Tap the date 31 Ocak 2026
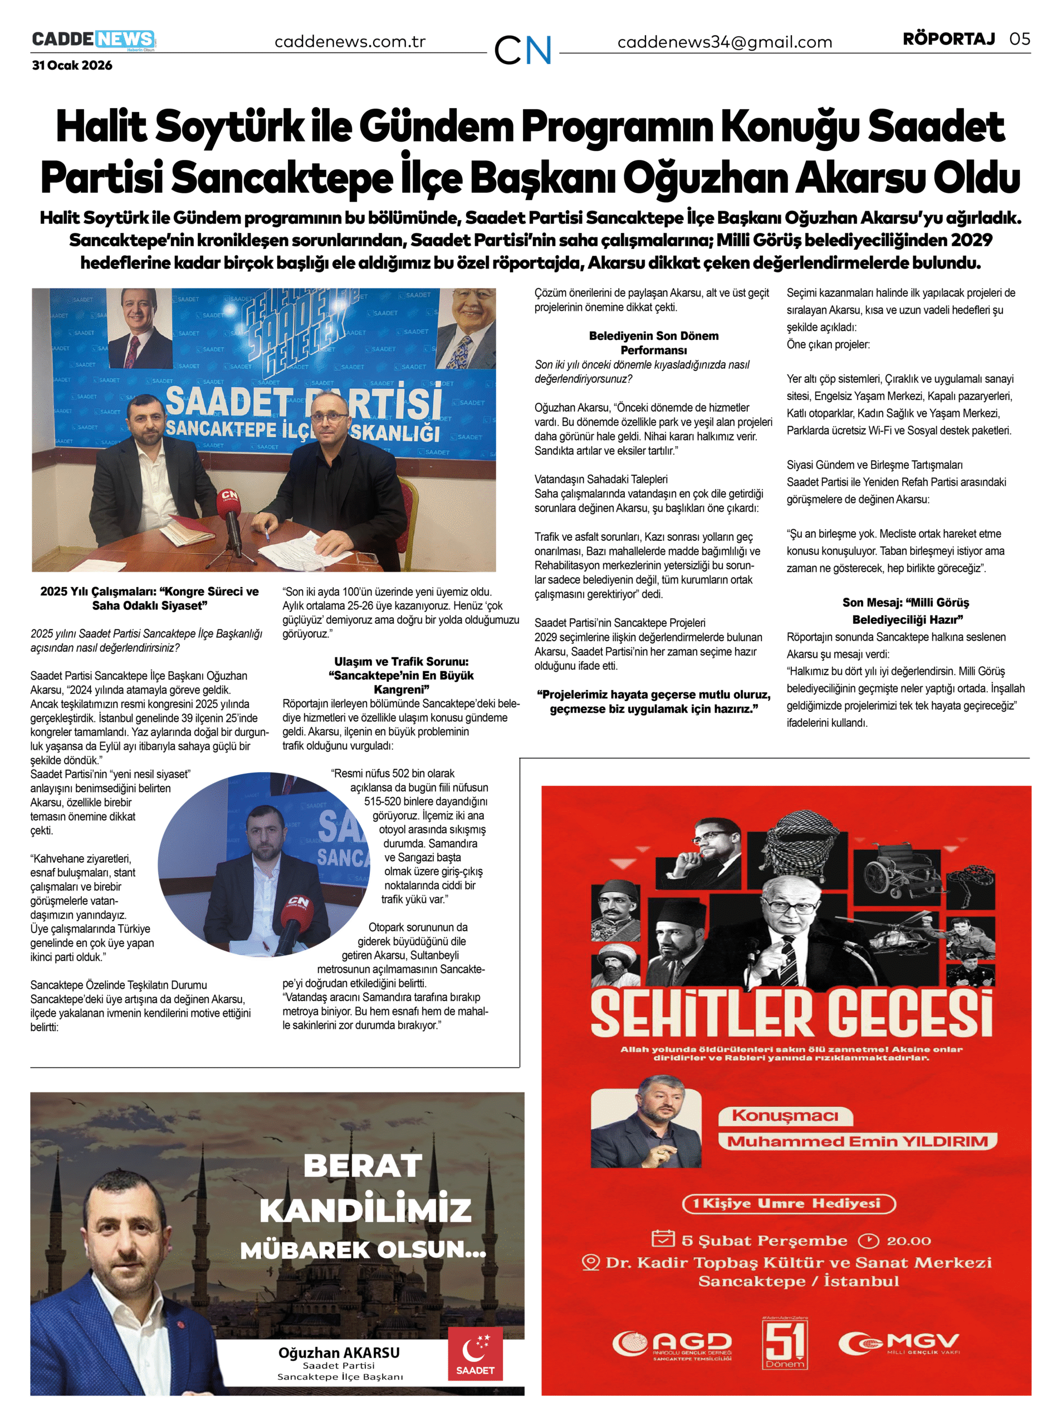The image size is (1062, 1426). [x=72, y=65]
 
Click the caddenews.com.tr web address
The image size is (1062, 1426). [x=350, y=42]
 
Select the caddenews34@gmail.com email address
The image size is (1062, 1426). [x=725, y=42]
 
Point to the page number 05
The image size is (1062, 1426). [x=1020, y=38]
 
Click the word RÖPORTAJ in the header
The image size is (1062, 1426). [x=948, y=38]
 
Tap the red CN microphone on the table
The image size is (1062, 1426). [x=228, y=502]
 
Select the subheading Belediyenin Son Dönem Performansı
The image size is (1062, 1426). [x=653, y=343]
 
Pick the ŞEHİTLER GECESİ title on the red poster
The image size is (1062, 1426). [x=791, y=1014]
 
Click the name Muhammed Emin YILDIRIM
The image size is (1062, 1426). [x=858, y=1141]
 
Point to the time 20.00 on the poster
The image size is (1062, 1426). [x=908, y=1240]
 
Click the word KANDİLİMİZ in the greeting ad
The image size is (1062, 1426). [x=365, y=1209]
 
